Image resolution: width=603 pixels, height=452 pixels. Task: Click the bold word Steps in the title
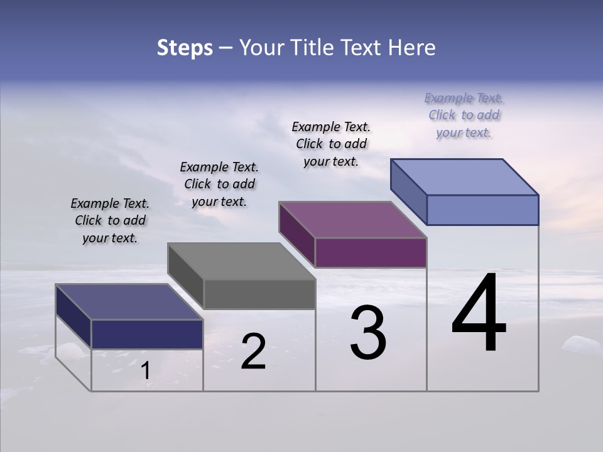[185, 48]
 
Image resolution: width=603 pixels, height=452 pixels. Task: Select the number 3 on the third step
[368, 333]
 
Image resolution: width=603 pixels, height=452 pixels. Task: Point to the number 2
[253, 352]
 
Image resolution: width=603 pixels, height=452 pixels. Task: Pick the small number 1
[146, 371]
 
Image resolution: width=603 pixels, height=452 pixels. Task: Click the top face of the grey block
[241, 261]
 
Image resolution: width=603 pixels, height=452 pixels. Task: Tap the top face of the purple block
[352, 220]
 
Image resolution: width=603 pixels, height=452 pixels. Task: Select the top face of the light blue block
[464, 176]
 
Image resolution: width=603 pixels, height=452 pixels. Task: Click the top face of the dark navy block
[129, 302]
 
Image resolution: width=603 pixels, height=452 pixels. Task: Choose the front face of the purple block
[371, 253]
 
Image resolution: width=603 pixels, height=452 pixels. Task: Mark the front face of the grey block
[259, 294]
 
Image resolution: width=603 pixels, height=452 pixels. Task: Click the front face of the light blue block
[482, 210]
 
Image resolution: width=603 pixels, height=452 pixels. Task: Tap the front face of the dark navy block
[147, 334]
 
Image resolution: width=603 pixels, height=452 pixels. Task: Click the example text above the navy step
[110, 221]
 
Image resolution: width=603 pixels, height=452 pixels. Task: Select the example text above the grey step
[219, 184]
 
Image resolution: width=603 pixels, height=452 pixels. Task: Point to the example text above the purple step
[331, 144]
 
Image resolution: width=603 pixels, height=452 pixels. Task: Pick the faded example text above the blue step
[464, 115]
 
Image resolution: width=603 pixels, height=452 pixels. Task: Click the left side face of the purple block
[297, 234]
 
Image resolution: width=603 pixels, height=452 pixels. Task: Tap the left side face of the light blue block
[409, 191]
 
